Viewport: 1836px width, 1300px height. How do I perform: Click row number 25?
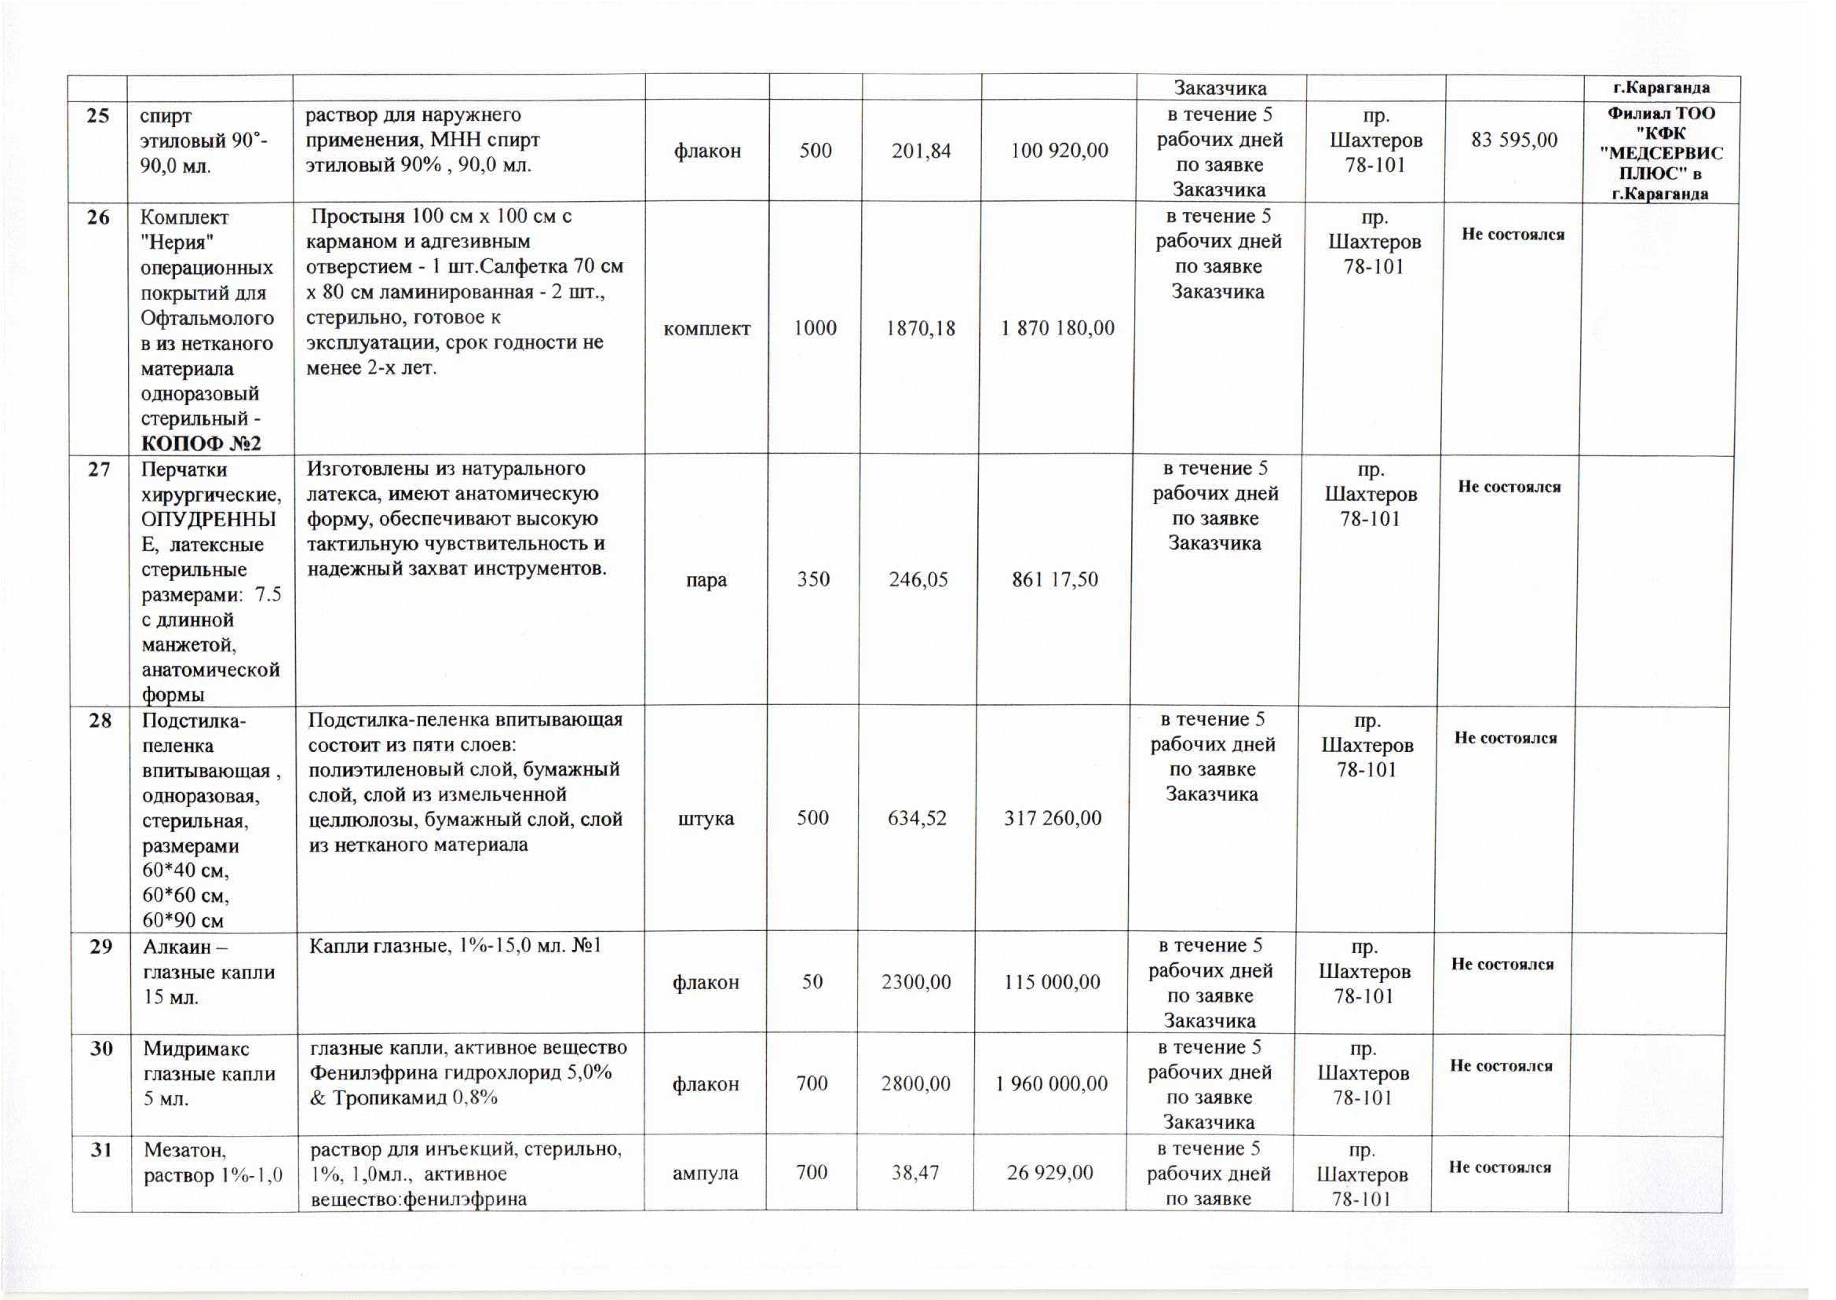pos(97,116)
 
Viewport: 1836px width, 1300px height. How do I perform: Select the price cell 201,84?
pos(922,151)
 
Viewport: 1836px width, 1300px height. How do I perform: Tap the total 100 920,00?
pos(1059,151)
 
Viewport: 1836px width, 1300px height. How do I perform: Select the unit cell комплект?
pos(706,328)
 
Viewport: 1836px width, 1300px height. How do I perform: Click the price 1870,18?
pos(921,328)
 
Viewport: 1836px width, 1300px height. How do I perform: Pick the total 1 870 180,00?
pos(1057,328)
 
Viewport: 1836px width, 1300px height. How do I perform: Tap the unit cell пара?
pos(706,579)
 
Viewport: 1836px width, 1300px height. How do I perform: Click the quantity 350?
pos(813,579)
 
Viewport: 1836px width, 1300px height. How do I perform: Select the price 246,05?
pos(918,579)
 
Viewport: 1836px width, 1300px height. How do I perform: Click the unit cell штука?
pos(706,818)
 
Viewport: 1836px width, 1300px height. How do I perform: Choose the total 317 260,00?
pos(1053,818)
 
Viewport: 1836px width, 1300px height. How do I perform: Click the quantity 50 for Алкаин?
pos(812,982)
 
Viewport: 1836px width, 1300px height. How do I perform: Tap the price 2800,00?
pos(915,1084)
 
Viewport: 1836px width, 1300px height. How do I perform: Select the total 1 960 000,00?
pos(1052,1084)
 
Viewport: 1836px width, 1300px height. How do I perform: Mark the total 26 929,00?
pos(1049,1174)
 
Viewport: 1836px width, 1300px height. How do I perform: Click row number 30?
pos(100,1049)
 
